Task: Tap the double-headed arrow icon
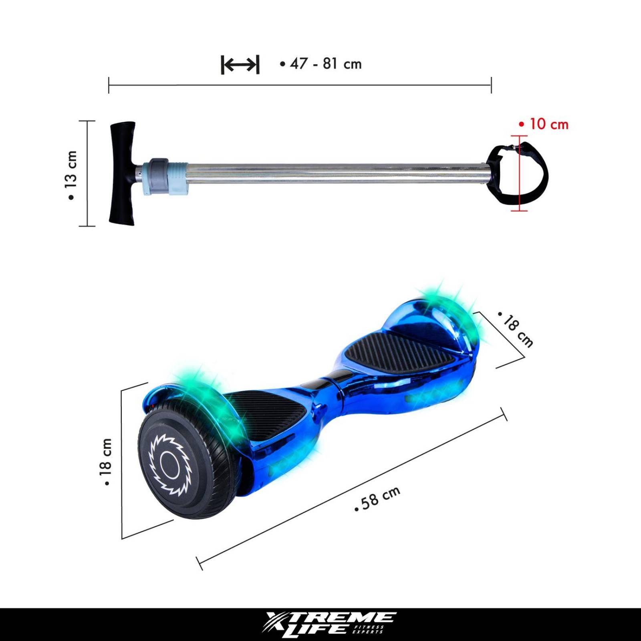[x=240, y=65]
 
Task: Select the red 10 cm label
[x=544, y=124]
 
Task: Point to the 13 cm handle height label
[x=71, y=175]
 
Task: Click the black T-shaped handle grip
[x=122, y=173]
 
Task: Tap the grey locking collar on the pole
[x=159, y=176]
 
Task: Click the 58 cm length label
[x=378, y=499]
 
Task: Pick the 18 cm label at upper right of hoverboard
[x=516, y=331]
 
